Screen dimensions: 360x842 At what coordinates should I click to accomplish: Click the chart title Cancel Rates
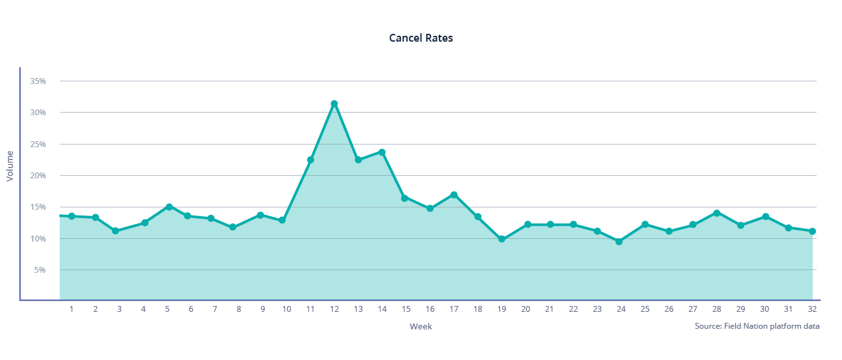click(421, 38)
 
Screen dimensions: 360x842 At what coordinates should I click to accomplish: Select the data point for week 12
click(334, 104)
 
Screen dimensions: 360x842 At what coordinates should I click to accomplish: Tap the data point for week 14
click(382, 152)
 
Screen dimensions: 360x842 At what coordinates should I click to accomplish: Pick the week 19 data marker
click(501, 239)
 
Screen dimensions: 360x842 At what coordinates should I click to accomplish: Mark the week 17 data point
click(454, 195)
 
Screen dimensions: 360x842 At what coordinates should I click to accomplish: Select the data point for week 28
click(716, 213)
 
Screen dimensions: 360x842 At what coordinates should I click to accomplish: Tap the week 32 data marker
click(812, 231)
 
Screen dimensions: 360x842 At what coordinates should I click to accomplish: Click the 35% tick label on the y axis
click(38, 81)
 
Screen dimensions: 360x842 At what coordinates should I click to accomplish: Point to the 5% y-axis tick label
click(40, 270)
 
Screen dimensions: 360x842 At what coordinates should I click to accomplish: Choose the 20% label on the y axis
click(38, 175)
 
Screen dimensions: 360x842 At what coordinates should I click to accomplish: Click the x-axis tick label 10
click(287, 309)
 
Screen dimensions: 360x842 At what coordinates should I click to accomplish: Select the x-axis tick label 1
click(72, 309)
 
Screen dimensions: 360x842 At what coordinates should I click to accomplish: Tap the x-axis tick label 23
click(597, 309)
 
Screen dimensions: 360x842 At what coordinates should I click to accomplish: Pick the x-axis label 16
click(430, 309)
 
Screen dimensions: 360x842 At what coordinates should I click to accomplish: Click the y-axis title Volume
click(10, 166)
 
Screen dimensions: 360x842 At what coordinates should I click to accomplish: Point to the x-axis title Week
click(421, 326)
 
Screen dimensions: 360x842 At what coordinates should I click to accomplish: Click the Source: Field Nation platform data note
click(757, 325)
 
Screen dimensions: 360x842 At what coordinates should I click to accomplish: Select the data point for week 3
click(115, 231)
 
